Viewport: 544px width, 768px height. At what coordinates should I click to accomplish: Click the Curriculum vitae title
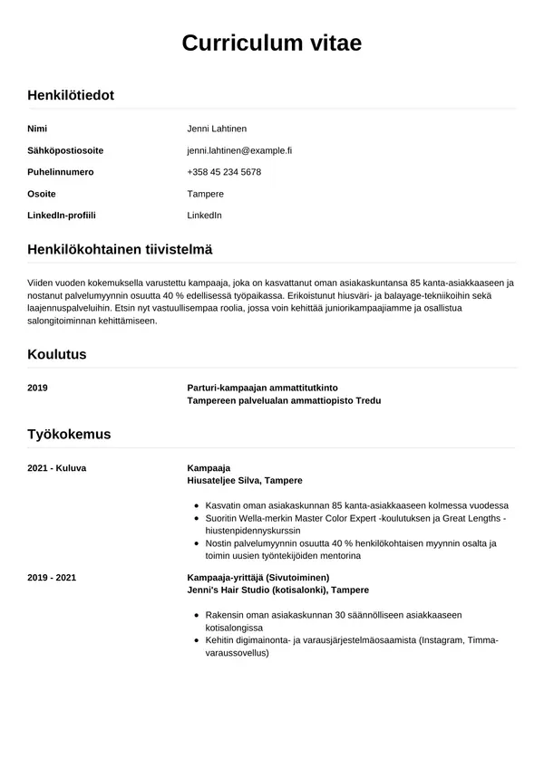click(x=272, y=43)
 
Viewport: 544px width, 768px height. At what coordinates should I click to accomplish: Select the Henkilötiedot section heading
click(x=71, y=95)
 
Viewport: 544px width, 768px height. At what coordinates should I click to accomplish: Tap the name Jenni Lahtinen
click(x=217, y=129)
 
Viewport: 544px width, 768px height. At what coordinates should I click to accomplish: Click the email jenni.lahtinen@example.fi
click(x=239, y=150)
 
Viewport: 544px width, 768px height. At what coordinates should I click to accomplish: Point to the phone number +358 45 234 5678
click(x=224, y=172)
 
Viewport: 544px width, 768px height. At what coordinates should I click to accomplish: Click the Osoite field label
click(x=42, y=194)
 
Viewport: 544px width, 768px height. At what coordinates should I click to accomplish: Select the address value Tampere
click(x=205, y=194)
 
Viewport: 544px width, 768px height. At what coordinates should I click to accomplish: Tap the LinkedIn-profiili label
click(x=62, y=216)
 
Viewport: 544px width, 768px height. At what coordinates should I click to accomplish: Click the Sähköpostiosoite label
click(x=65, y=150)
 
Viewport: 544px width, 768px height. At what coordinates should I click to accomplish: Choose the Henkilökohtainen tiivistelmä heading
click(x=120, y=249)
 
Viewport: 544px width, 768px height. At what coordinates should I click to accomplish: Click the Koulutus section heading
click(x=57, y=354)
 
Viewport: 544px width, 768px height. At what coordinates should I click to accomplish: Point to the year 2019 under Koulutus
click(x=37, y=388)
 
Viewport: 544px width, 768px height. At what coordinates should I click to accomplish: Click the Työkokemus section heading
click(x=69, y=434)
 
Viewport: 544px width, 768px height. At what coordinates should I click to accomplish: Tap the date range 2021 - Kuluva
click(x=56, y=467)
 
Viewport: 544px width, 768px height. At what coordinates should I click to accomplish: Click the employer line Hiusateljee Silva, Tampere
click(x=245, y=480)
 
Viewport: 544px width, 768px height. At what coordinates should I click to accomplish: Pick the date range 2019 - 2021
click(x=51, y=577)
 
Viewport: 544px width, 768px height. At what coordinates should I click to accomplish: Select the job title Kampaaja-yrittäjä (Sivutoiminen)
click(x=257, y=577)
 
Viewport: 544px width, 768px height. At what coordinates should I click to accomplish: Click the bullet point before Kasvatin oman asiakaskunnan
click(x=197, y=505)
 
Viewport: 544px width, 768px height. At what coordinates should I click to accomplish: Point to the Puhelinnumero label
click(x=61, y=172)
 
